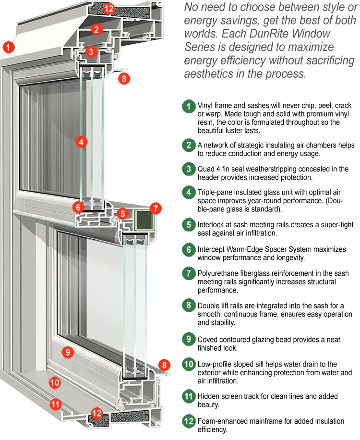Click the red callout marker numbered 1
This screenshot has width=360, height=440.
click(8, 47)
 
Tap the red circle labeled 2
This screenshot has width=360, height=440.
click(96, 29)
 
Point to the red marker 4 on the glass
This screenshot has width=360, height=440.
click(81, 141)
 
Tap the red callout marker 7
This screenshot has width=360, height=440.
click(156, 208)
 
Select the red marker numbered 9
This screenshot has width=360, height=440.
click(68, 352)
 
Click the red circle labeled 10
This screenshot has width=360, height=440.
click(55, 382)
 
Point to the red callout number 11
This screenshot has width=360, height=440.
click(56, 404)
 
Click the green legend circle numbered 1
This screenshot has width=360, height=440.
click(189, 106)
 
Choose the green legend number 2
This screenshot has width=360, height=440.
click(189, 145)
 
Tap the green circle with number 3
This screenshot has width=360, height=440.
click(189, 169)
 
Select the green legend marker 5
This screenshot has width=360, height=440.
click(189, 224)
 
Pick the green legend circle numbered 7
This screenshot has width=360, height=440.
click(189, 273)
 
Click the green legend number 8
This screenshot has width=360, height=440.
click(189, 305)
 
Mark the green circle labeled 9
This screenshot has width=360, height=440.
click(189, 339)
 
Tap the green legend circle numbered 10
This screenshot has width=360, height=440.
click(189, 364)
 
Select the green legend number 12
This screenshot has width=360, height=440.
click(189, 421)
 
